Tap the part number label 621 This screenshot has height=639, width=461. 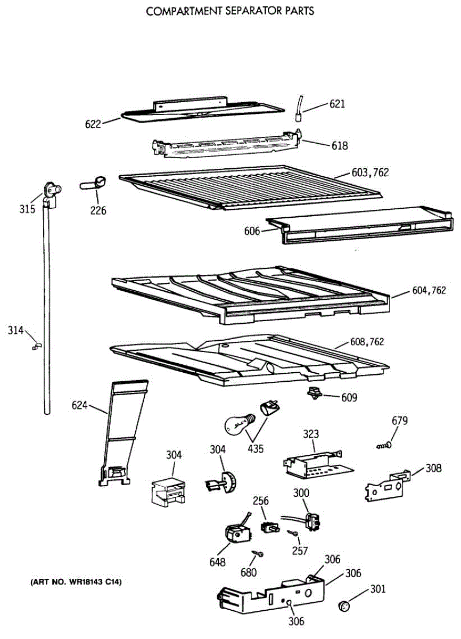(337, 104)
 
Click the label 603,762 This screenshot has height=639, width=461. (370, 173)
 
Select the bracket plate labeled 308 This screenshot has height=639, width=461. (388, 485)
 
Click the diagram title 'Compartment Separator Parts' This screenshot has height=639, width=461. (230, 11)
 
